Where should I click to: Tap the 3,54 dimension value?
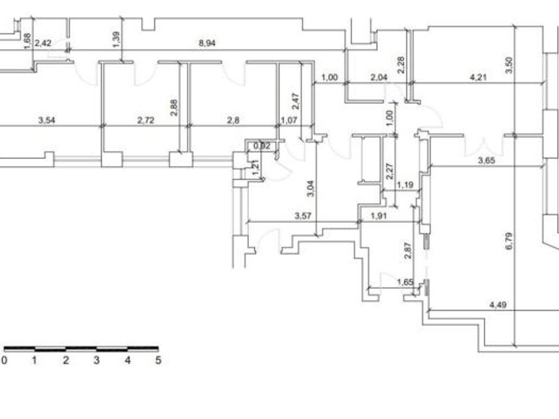pyautogui.click(x=47, y=120)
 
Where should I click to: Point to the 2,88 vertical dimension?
pyautogui.click(x=174, y=107)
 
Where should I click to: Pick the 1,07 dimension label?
pyautogui.click(x=288, y=120)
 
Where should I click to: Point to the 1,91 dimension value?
pyautogui.click(x=379, y=215)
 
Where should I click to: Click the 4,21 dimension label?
pyautogui.click(x=478, y=77)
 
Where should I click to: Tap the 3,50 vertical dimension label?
pyautogui.click(x=509, y=65)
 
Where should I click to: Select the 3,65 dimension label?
pyautogui.click(x=488, y=160)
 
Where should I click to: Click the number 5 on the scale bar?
pyautogui.click(x=158, y=360)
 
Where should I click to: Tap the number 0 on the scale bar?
pyautogui.click(x=4, y=360)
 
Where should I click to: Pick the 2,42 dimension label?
pyautogui.click(x=43, y=43)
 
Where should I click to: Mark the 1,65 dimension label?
pyautogui.click(x=405, y=282)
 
